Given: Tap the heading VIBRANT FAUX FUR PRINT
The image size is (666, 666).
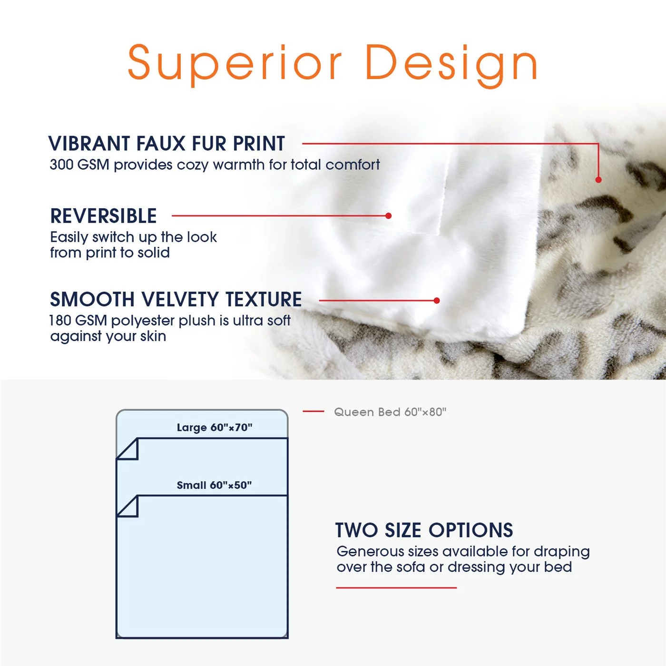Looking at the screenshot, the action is pos(166,143).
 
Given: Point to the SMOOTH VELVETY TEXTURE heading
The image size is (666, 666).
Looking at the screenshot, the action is pos(176,299).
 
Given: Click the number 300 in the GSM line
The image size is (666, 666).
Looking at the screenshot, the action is pos(61,165).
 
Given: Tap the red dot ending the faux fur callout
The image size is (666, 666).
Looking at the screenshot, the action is pos(598,180).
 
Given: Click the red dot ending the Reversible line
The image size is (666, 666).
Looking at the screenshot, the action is pos(389,215).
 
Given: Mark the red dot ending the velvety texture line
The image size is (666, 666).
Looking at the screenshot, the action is pos(437,301).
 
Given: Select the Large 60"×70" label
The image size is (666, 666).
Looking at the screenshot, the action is pos(215,428).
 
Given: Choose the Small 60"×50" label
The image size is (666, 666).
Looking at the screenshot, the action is pos(214,485).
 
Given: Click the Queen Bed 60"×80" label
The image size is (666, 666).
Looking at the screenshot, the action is pos(390,412).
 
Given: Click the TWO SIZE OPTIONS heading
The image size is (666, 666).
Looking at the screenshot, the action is pos(424,530).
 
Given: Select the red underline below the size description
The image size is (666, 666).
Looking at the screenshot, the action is pos(396,588).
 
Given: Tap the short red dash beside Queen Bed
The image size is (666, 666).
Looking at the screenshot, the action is pos(313,411).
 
